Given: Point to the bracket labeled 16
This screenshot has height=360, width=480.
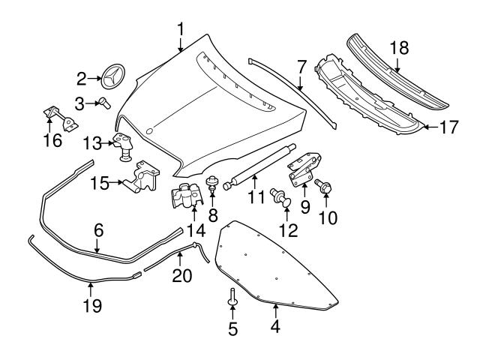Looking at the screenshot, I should [x=59, y=118].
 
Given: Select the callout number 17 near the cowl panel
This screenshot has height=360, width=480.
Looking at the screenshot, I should [x=447, y=127].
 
